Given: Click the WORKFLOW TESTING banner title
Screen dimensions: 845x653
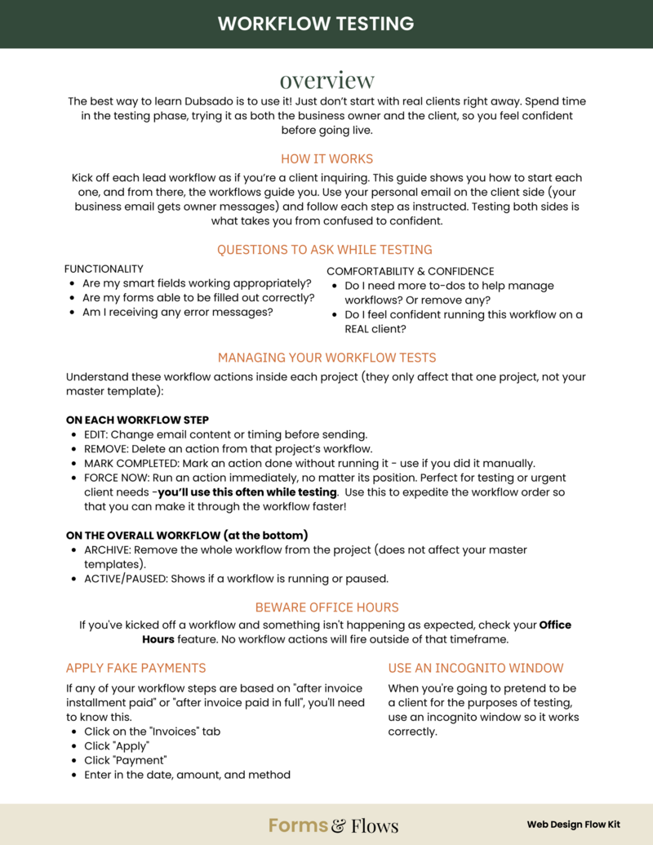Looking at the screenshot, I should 326,23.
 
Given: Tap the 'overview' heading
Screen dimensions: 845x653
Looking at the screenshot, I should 326,80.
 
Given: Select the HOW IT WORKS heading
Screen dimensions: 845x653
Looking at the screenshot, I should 326,158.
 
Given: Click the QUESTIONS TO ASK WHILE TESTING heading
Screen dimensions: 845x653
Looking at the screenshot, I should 324,250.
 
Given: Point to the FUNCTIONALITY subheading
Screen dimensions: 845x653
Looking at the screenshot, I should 104,269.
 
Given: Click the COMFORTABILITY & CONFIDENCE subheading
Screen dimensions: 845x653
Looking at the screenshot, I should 410,271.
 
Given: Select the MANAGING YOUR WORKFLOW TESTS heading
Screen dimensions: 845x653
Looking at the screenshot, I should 326,358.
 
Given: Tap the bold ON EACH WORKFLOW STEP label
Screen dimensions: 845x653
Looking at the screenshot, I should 137,419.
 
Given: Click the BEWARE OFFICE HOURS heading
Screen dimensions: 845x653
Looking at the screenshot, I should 326,607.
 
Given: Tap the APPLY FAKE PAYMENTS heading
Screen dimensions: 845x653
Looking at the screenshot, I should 135,668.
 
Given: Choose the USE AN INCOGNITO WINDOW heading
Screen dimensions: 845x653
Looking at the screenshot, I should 476,668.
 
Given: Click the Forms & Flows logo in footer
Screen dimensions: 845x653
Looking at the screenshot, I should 333,825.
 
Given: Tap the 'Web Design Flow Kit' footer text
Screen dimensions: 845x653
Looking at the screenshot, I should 573,825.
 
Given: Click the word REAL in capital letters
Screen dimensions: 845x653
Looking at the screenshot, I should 361,330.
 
